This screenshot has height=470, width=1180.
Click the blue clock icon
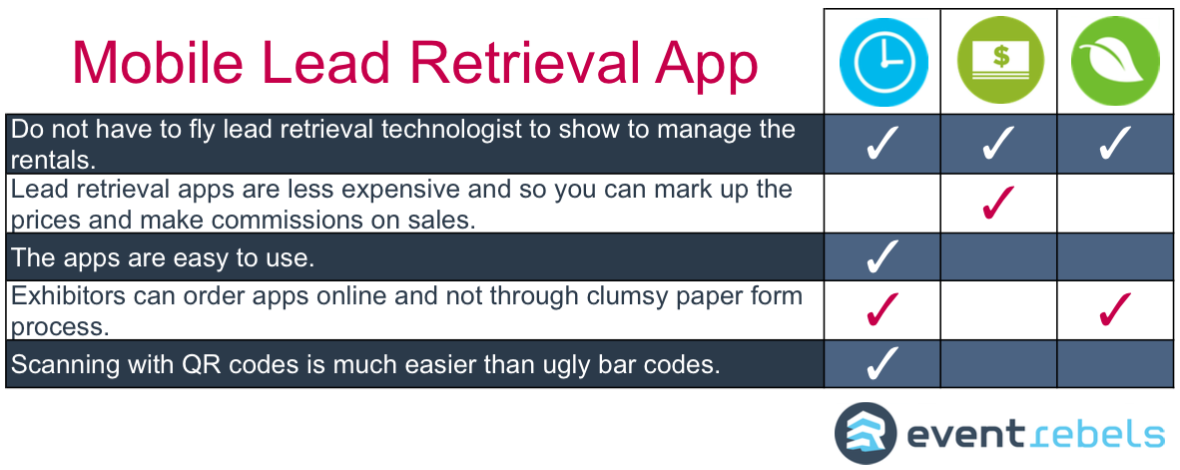click(884, 61)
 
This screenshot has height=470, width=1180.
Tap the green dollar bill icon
click(1000, 61)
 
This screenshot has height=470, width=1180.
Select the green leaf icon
click(1115, 61)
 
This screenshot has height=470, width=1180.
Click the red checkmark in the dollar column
click(998, 203)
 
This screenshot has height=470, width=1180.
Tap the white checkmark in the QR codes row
click(882, 363)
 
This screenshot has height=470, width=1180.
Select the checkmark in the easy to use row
click(882, 256)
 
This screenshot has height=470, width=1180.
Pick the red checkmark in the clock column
click(882, 309)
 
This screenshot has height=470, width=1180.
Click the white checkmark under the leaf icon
click(1114, 144)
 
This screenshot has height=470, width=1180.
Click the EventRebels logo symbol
click(866, 434)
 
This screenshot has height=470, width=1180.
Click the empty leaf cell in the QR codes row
click(1115, 364)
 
